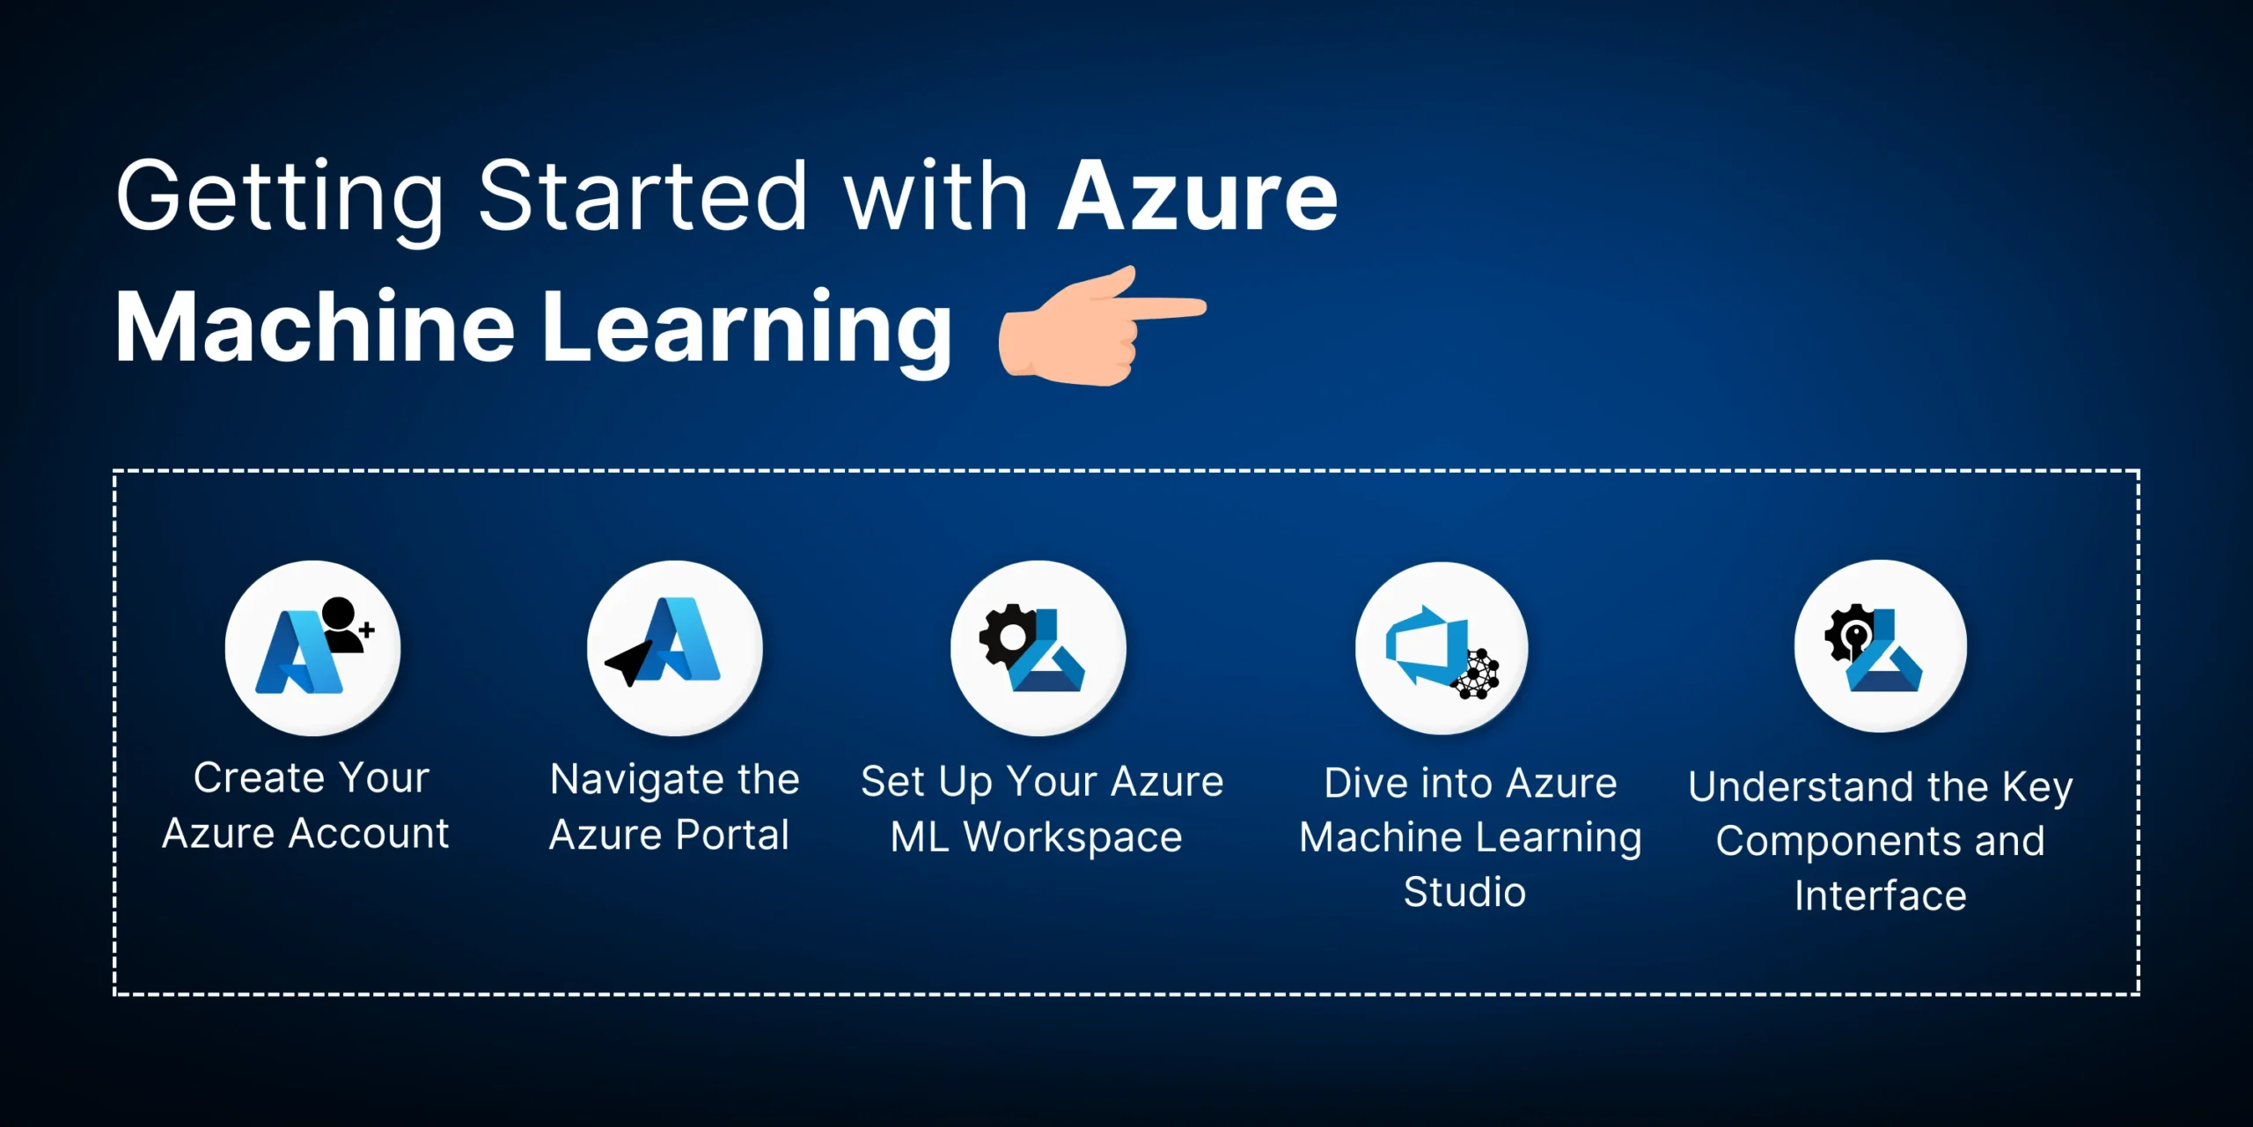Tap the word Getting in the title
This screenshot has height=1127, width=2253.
pyautogui.click(x=280, y=200)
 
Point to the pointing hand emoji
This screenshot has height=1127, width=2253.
pyautogui.click(x=1102, y=327)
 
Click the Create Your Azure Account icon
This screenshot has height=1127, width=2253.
pyautogui.click(x=312, y=648)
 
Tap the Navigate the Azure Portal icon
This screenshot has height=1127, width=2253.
pyautogui.click(x=675, y=648)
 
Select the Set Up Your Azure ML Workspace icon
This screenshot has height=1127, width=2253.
pyautogui.click(x=1038, y=648)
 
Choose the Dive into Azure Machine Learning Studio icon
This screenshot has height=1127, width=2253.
pyautogui.click(x=1442, y=648)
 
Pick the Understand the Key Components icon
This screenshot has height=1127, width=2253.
pyautogui.click(x=1881, y=646)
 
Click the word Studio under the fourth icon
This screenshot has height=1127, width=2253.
pyautogui.click(x=1464, y=892)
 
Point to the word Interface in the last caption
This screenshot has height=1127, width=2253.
pyautogui.click(x=1881, y=896)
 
